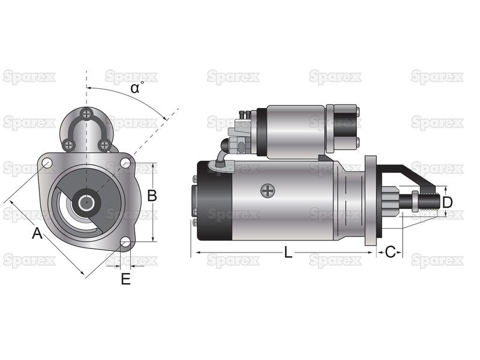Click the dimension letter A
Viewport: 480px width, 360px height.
coord(37,233)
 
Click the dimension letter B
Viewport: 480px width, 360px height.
coord(152,196)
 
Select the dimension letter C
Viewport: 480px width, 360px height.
coord(390,252)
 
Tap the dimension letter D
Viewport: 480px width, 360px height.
coord(447,202)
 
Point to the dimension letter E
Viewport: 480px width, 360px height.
coord(126,279)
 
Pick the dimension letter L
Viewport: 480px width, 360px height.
coord(288,253)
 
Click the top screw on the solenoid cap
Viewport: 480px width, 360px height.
coord(87,115)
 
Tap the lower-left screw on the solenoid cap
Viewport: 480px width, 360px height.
coord(68,145)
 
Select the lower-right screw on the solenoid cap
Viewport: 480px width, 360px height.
coord(104,145)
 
